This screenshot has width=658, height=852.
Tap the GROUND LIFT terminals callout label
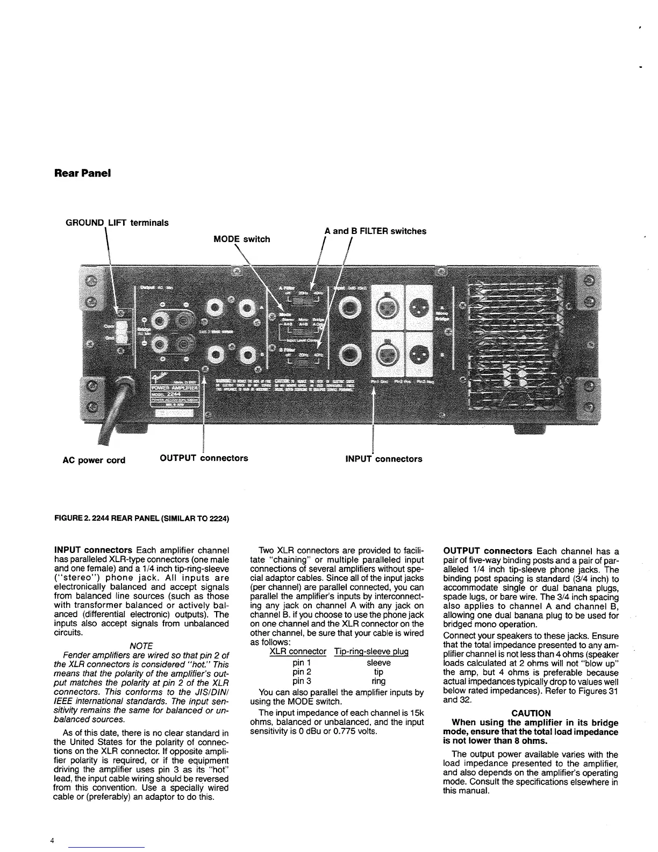117,223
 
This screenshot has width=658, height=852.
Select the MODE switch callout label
241,239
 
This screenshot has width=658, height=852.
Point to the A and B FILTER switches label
375,231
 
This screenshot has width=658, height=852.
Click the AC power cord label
94,460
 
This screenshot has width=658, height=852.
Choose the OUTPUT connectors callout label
204,458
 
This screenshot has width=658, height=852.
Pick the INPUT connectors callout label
383,459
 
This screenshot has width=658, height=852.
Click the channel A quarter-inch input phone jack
352,309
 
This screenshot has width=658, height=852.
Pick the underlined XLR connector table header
297,651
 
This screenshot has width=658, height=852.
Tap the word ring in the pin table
378,681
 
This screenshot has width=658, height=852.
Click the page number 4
51,841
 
